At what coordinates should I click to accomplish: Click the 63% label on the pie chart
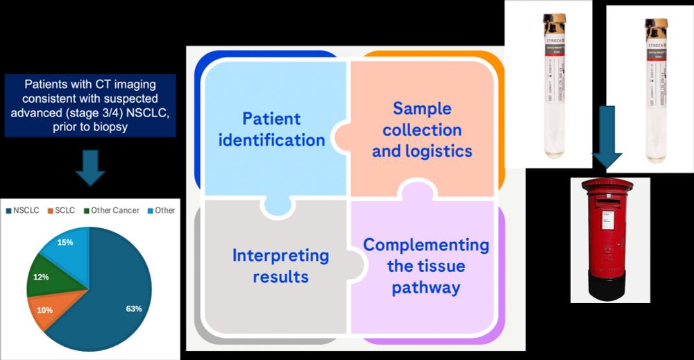[133, 308]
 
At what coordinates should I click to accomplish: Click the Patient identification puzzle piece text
[272, 129]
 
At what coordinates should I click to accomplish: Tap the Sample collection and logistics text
[421, 129]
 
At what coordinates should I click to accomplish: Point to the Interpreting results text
[271, 266]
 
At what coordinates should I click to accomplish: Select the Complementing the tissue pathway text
[425, 266]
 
